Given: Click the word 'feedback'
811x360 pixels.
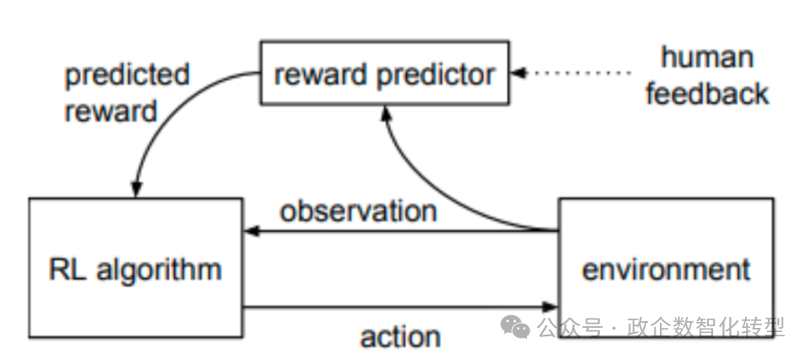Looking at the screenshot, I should (708, 93).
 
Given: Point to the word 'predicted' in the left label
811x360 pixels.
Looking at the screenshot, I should (128, 74).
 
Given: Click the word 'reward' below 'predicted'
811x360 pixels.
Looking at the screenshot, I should (111, 111).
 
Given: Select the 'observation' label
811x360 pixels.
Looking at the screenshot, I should (358, 210).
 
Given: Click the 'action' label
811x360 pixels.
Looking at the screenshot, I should (400, 336).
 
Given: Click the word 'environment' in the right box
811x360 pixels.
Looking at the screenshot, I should (666, 270).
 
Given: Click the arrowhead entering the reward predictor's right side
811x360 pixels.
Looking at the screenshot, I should (519, 73).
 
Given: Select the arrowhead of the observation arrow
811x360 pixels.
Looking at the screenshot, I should (250, 229).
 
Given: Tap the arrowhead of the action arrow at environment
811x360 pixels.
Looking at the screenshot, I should (552, 307).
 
